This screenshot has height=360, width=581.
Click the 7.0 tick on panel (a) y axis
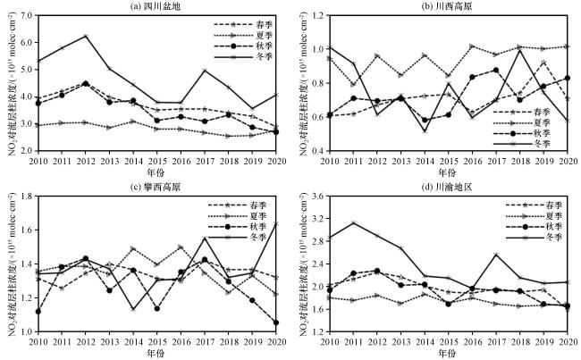point(22,16)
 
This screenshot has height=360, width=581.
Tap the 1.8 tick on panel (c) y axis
point(22,195)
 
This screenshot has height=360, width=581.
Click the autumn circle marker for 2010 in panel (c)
point(36,311)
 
